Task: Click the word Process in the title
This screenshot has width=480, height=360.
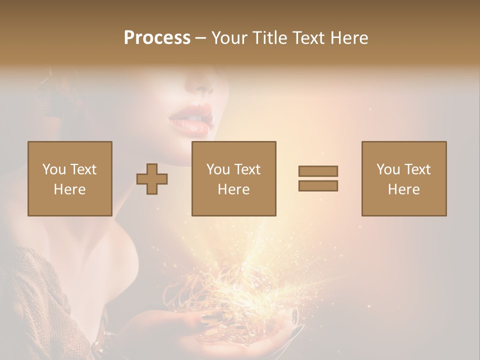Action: pos(157,38)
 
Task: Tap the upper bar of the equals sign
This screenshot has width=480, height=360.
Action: pos(318,171)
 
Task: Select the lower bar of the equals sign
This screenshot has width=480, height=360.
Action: pos(318,185)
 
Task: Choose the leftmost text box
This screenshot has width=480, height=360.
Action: pos(70,178)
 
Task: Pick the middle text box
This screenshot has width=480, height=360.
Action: pos(234,178)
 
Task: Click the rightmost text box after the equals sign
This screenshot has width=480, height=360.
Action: pos(404,178)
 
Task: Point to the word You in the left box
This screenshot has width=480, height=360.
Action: pos(54,169)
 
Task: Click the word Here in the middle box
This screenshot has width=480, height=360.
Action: pos(234,189)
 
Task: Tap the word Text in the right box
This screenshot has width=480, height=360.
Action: pos(418,169)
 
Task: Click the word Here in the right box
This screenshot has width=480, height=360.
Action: pos(404,189)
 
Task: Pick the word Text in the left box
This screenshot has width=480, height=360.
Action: pos(83,169)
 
